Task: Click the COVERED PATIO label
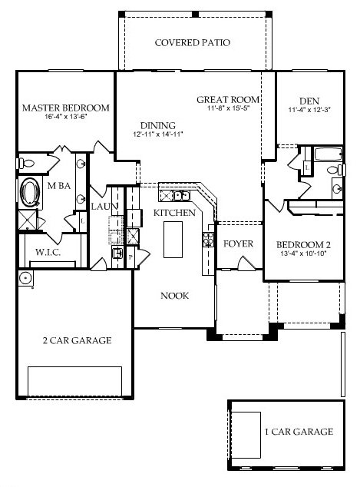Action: tap(193, 42)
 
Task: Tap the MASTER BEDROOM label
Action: tap(66, 108)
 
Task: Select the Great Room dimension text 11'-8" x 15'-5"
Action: tap(229, 108)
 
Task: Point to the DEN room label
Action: tap(309, 101)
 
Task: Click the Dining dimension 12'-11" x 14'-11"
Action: tap(158, 134)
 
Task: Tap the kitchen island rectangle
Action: tap(173, 240)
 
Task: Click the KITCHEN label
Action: tap(174, 213)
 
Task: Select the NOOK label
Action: tap(174, 296)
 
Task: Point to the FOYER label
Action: tap(238, 243)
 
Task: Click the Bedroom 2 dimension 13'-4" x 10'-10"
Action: tap(303, 253)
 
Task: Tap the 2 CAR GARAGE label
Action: tap(77, 340)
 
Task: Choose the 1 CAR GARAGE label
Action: tap(299, 432)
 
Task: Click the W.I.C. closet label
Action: tap(48, 252)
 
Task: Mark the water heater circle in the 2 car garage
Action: tap(25, 277)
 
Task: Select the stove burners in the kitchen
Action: tap(208, 240)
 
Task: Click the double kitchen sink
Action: tap(182, 196)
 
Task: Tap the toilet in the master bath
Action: tap(25, 163)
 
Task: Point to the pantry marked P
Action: tap(130, 257)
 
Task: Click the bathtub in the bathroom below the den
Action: tap(329, 154)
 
